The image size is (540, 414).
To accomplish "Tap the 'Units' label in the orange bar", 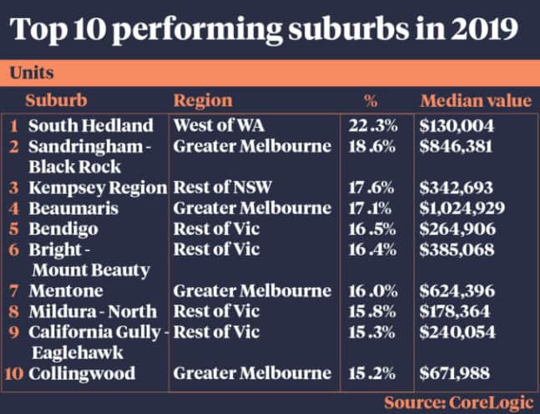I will pyautogui.click(x=33, y=73).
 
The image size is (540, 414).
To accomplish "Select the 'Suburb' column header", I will pyautogui.click(x=56, y=101).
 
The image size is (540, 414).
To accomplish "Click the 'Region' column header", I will pyautogui.click(x=203, y=101).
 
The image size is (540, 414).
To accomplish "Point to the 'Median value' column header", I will pyautogui.click(x=475, y=101).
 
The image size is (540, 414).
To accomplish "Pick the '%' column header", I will pyautogui.click(x=372, y=101).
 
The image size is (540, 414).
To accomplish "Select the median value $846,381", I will pyautogui.click(x=457, y=147).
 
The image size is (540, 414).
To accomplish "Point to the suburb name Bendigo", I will pyautogui.click(x=63, y=228).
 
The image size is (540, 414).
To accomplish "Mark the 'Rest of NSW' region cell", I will pyautogui.click(x=220, y=187).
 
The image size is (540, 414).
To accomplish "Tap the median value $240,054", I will pyautogui.click(x=457, y=331).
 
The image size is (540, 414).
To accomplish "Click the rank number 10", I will pyautogui.click(x=14, y=372).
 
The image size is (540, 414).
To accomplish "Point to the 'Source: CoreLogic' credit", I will pyautogui.click(x=457, y=401).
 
